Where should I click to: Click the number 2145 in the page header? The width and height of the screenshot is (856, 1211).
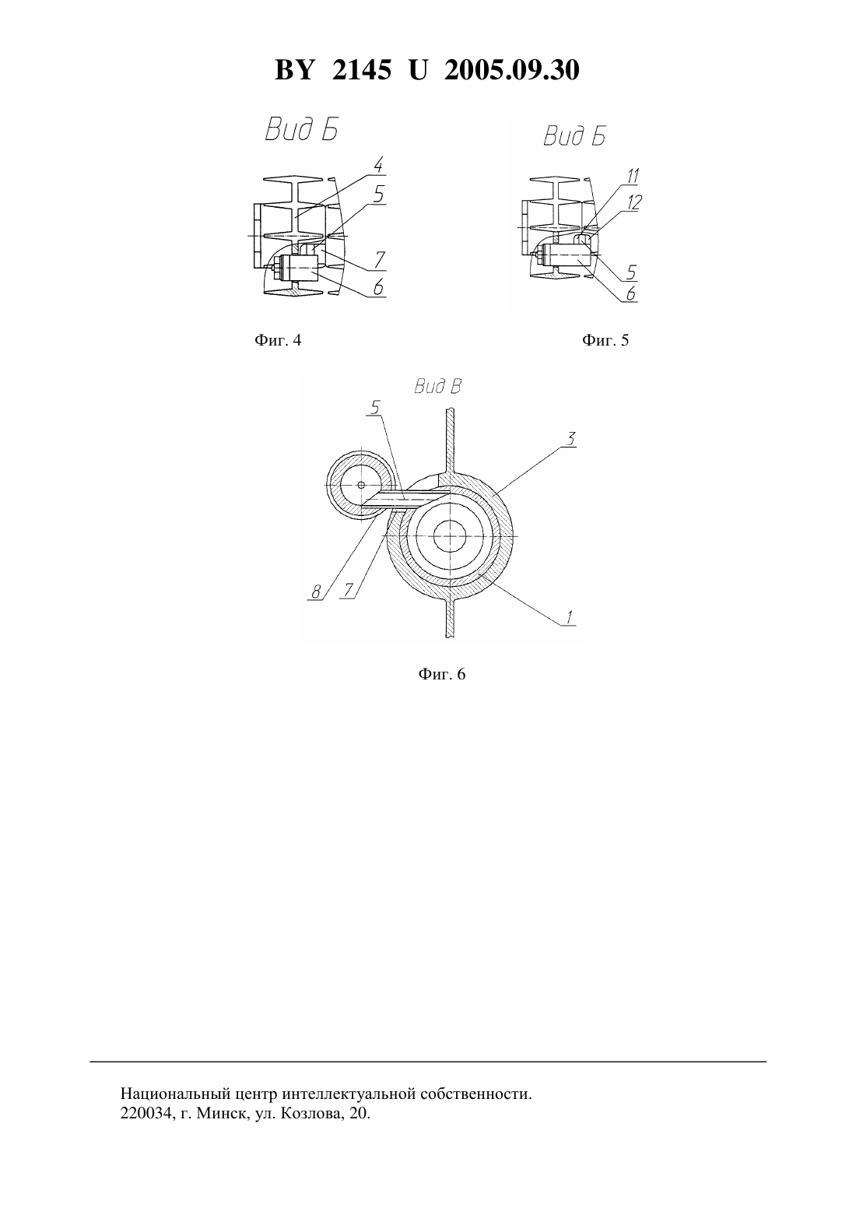pyautogui.click(x=361, y=70)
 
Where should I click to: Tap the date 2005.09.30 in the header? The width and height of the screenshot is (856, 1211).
pyautogui.click(x=512, y=70)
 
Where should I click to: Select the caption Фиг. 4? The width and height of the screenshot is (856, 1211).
pyautogui.click(x=277, y=340)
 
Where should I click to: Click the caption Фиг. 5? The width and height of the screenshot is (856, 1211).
pyautogui.click(x=605, y=340)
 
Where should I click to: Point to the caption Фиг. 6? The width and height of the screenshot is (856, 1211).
pyautogui.click(x=441, y=674)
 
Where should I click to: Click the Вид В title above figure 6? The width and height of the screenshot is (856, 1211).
pyautogui.click(x=437, y=387)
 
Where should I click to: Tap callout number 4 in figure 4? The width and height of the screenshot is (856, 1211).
pyautogui.click(x=379, y=165)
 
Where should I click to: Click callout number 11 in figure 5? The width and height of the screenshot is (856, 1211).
pyautogui.click(x=633, y=176)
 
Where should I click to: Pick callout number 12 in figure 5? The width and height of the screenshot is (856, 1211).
pyautogui.click(x=634, y=202)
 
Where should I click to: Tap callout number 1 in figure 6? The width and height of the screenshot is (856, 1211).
pyautogui.click(x=569, y=617)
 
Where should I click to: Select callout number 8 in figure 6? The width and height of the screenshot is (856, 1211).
pyautogui.click(x=316, y=592)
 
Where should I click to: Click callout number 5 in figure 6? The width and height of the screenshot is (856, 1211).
pyautogui.click(x=375, y=406)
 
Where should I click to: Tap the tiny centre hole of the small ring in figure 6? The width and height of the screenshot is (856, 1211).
pyautogui.click(x=360, y=485)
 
